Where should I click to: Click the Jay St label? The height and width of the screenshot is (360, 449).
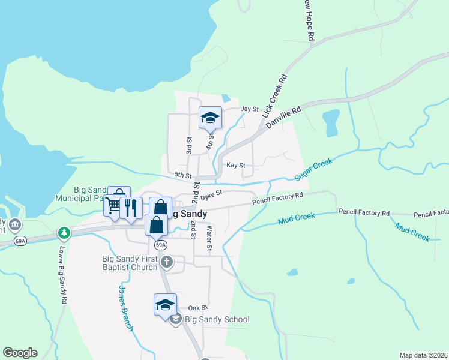(x=249, y=109)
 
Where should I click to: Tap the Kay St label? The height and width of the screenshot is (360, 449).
(x=235, y=165)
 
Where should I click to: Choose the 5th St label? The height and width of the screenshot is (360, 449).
(x=182, y=176)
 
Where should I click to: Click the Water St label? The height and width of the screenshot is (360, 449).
(x=209, y=238)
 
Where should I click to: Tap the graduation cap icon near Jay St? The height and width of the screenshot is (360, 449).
(x=210, y=118)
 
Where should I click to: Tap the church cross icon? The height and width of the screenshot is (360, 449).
(x=167, y=261)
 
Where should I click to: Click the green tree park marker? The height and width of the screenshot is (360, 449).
(x=64, y=232)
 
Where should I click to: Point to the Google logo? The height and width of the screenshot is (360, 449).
(x=19, y=353)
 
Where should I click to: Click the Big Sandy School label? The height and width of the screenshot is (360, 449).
(x=217, y=319)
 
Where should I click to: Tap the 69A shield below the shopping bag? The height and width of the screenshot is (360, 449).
(x=160, y=245)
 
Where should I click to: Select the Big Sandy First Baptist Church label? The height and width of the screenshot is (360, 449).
(x=129, y=263)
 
